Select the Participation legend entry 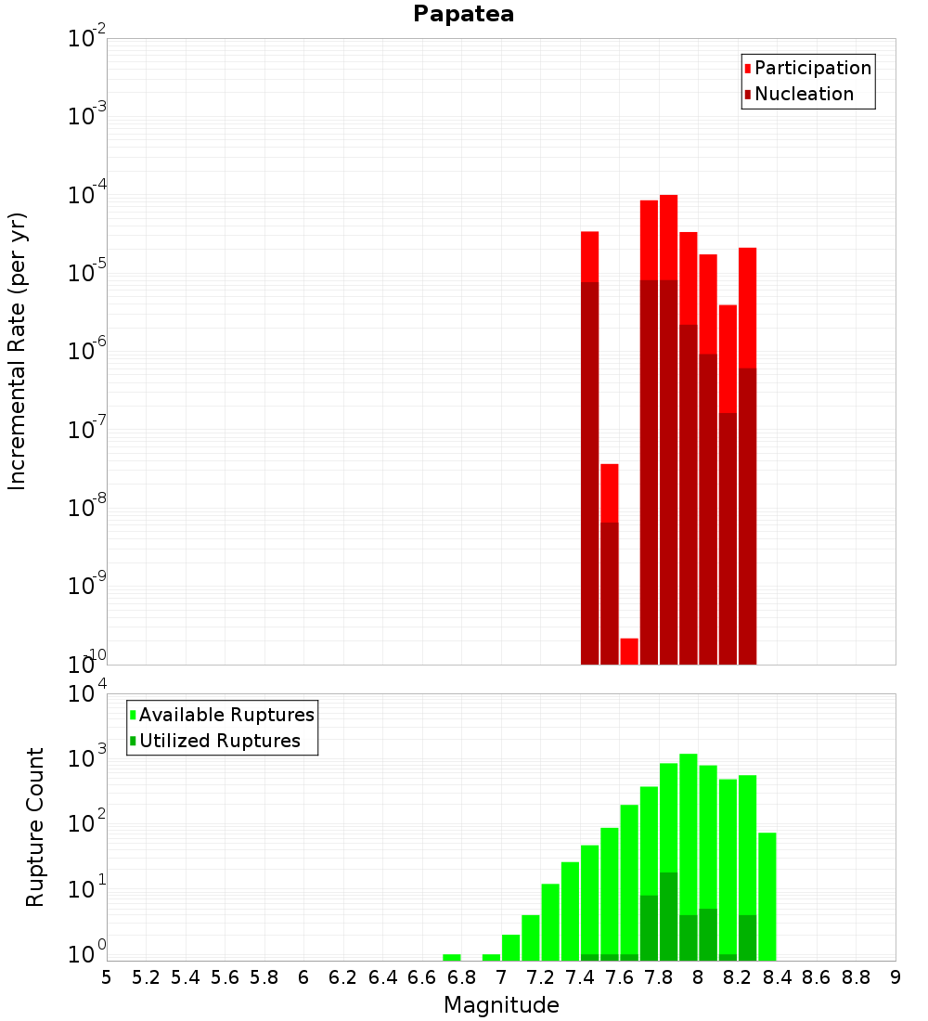coord(812,68)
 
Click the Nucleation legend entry coord(803,94)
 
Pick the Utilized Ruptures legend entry coord(218,741)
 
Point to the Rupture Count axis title coord(35,827)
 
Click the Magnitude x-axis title coord(501,1005)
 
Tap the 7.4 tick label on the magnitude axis coord(580,977)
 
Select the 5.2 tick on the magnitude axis coord(146,977)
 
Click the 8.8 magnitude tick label coord(856,977)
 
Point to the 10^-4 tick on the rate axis coord(86,195)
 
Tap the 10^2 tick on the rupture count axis coord(86,823)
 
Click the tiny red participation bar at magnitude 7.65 coord(629,651)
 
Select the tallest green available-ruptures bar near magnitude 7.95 coord(689,835)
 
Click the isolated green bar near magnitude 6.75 coord(452,957)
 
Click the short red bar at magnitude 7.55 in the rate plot coord(610,492)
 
